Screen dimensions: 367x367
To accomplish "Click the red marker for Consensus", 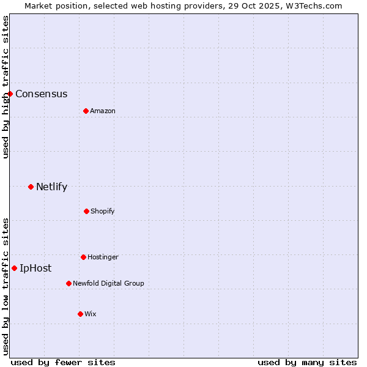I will click(x=10, y=94).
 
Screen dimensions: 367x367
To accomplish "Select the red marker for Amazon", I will click(x=86, y=111).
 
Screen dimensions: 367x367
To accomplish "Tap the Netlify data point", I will click(x=31, y=187).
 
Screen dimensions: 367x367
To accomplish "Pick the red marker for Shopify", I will click(x=86, y=211).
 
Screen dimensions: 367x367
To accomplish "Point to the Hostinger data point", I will click(x=83, y=257).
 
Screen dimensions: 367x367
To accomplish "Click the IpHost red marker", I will click(x=14, y=268).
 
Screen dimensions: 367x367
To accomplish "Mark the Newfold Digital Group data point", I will click(x=69, y=283).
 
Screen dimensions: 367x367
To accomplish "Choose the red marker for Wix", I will click(x=80, y=314).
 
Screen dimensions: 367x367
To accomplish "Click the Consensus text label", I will click(x=41, y=94).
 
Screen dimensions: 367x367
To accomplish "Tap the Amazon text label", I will click(x=103, y=111).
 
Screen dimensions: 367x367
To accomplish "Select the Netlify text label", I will click(x=51, y=187).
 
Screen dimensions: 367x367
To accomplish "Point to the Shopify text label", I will click(x=103, y=211).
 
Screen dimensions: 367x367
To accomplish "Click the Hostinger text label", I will click(x=103, y=257).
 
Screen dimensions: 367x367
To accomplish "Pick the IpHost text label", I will click(x=35, y=268).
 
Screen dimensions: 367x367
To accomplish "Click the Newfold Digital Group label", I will click(x=108, y=283).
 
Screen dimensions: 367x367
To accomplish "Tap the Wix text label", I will click(x=91, y=314).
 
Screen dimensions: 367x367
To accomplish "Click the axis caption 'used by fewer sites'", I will click(x=63, y=362).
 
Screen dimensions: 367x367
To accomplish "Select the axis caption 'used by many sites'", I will click(x=307, y=362).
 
